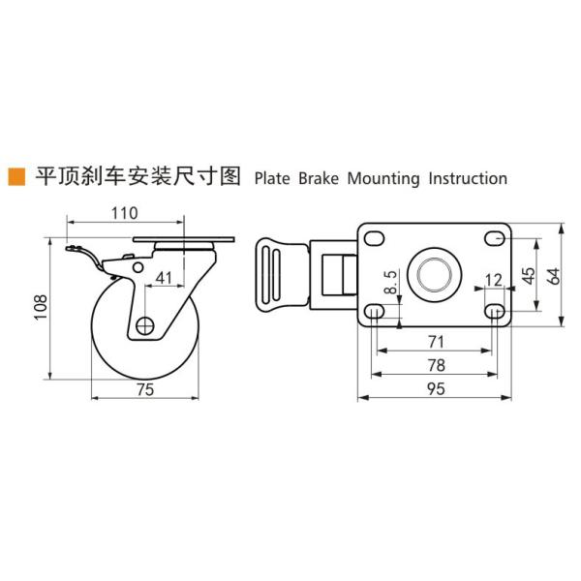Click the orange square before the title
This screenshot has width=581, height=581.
tap(15, 177)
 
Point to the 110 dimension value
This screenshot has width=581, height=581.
tap(124, 212)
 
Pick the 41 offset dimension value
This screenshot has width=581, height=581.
tap(164, 278)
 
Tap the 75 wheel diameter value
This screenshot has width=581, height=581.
tap(144, 389)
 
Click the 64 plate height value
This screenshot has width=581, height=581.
tap(553, 275)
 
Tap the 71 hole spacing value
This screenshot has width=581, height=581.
tap(435, 340)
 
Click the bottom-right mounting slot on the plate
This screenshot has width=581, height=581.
tap(495, 313)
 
